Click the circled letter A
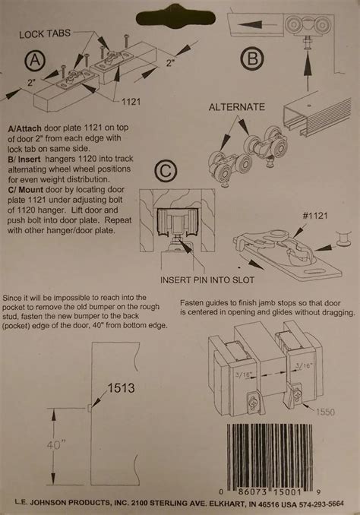[33, 60]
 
